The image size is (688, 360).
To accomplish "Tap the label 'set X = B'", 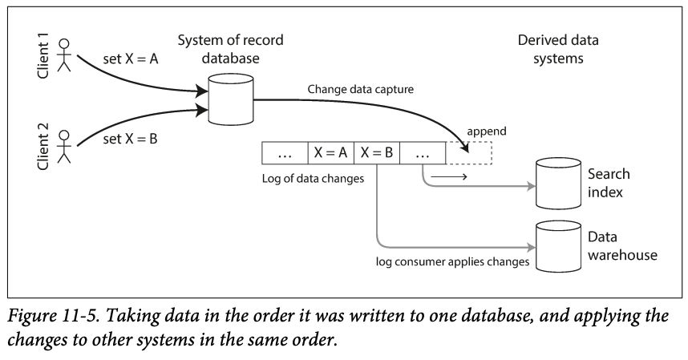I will click(x=131, y=139).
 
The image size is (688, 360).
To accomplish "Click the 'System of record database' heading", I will click(x=230, y=48).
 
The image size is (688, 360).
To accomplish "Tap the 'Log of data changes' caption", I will click(x=314, y=178).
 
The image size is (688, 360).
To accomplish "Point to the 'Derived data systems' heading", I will click(x=558, y=48).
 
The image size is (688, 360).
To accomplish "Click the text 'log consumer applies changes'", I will click(x=454, y=261).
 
